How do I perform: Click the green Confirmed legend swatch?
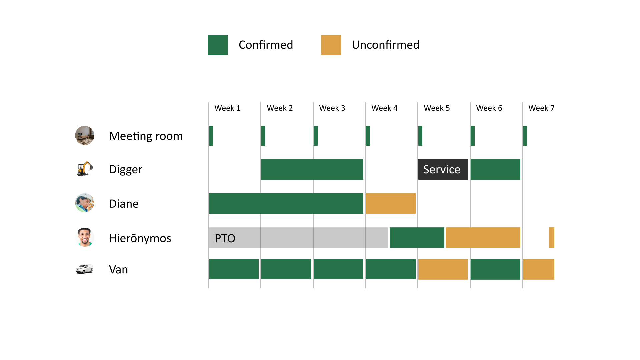[218, 45]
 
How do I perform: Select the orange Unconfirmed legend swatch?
[331, 45]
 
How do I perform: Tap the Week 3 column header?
[332, 108]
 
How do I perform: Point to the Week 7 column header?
[541, 108]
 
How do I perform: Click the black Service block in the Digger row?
[443, 169]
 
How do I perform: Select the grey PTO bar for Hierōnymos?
[298, 238]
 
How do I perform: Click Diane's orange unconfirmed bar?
[391, 203]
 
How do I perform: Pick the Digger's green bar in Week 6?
[495, 169]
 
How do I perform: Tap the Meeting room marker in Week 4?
[368, 136]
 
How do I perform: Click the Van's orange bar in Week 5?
[443, 269]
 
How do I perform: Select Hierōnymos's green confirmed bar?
[417, 238]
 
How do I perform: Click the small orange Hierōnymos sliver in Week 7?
[552, 238]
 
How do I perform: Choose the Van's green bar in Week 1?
[234, 269]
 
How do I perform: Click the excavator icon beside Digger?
[85, 169]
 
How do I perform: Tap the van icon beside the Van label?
[84, 269]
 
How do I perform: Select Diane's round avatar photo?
[85, 203]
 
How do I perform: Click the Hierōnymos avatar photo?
[85, 237]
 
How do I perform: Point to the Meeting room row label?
[146, 136]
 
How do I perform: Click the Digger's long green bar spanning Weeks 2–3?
[312, 169]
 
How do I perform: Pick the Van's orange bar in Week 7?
[538, 269]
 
